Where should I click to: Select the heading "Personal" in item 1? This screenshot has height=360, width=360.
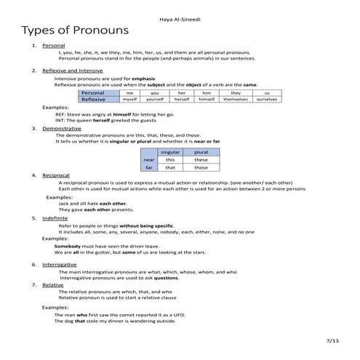point(53,46)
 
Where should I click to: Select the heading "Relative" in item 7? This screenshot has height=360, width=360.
point(53,284)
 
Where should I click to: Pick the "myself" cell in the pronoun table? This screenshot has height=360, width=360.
point(129,99)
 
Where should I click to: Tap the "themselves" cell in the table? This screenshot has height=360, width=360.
point(236,99)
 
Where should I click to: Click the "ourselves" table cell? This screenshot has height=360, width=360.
point(267,99)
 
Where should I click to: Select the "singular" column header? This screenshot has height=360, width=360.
point(170,151)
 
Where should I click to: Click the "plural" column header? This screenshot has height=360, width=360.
point(201,151)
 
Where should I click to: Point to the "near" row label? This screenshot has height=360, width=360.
point(149,159)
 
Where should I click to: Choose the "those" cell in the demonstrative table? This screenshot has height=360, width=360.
point(201,167)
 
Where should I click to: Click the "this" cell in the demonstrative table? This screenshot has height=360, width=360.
point(170,159)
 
